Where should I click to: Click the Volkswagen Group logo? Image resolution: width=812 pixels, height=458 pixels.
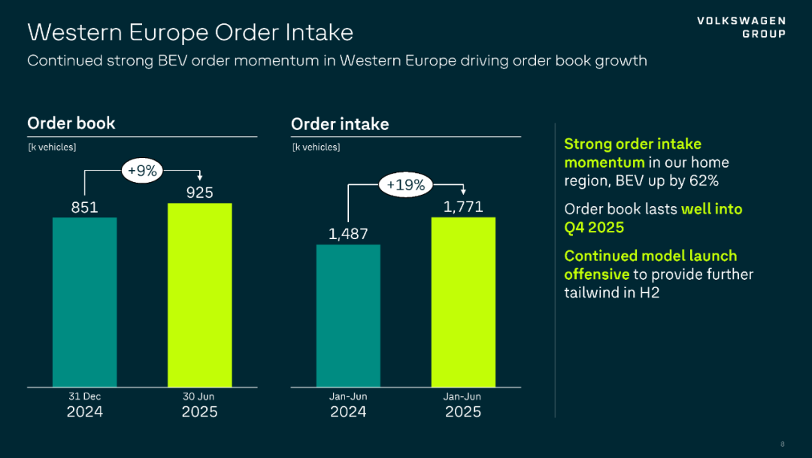tap(741, 27)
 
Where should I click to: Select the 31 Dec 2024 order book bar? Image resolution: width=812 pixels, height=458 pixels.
tap(84, 302)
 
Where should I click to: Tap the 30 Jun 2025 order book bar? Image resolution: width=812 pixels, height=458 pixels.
tap(199, 295)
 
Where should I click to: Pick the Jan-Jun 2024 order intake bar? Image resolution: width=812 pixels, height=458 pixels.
tap(348, 315)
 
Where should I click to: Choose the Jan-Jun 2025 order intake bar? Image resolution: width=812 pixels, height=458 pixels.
tap(463, 302)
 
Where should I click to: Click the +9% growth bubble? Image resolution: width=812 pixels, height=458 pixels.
tap(142, 171)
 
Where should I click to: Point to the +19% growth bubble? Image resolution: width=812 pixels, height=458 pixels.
tap(406, 184)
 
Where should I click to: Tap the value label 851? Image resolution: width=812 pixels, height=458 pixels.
tap(84, 207)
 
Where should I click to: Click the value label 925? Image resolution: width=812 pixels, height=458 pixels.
tap(199, 193)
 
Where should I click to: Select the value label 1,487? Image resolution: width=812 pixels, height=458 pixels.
tap(348, 234)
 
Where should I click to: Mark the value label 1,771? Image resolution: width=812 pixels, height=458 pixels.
tap(463, 207)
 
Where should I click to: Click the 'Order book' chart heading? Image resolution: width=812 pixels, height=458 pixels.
tap(71, 123)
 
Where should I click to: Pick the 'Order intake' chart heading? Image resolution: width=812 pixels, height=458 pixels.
tap(340, 124)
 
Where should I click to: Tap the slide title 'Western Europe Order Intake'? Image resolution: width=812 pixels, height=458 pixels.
tap(190, 32)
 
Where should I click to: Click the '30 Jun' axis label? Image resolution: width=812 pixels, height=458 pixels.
tap(199, 396)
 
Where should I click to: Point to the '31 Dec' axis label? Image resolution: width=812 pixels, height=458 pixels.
tap(84, 396)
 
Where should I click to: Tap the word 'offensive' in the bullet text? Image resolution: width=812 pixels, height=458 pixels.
tap(596, 274)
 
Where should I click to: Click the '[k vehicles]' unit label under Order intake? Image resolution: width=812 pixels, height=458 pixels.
tap(316, 147)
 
